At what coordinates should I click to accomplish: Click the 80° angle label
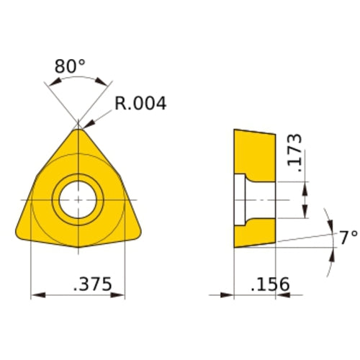point(70,67)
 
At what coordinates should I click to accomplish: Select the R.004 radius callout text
point(140,104)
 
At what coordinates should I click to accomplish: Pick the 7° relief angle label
point(348,237)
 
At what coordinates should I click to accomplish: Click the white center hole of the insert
point(77,198)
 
